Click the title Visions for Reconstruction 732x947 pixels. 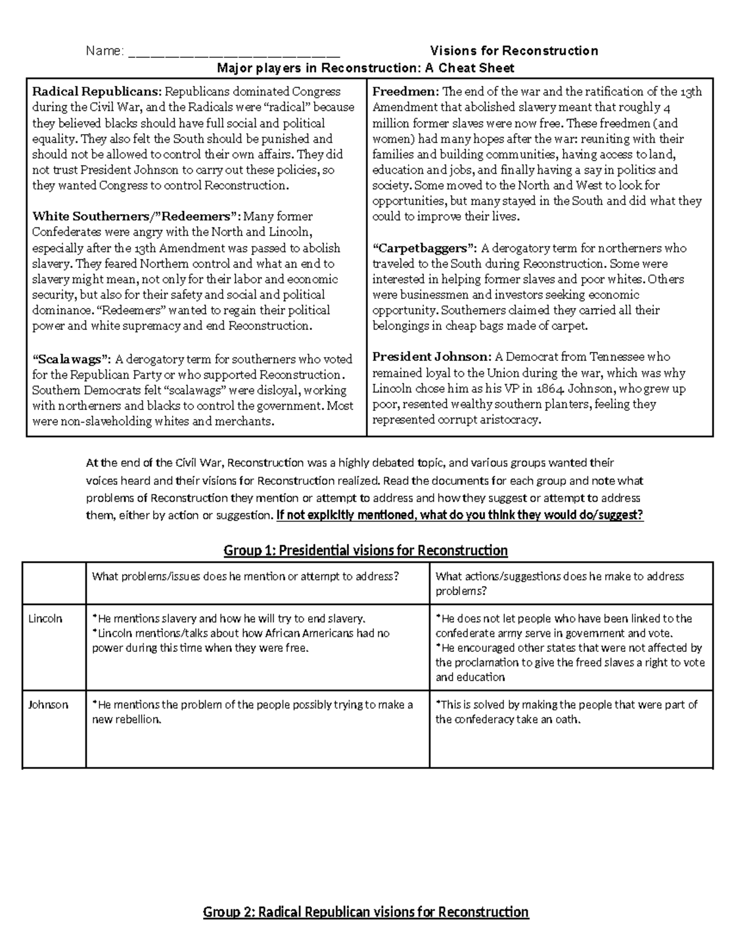pyautogui.click(x=514, y=51)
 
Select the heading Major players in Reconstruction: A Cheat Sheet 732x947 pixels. pyautogui.click(x=366, y=68)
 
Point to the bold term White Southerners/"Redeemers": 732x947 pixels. pyautogui.click(x=137, y=216)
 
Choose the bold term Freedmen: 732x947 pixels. pyautogui.click(x=406, y=91)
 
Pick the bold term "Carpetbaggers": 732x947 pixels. pyautogui.click(x=425, y=248)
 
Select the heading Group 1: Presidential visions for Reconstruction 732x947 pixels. pyautogui.click(x=366, y=551)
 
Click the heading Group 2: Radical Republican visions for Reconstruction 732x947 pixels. pyautogui.click(x=366, y=912)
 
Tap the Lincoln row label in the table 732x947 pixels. pyautogui.click(x=46, y=618)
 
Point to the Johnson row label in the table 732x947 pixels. pyautogui.click(x=48, y=704)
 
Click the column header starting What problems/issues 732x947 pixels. pyautogui.click(x=245, y=576)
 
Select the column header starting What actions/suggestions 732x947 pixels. pyautogui.click(x=559, y=583)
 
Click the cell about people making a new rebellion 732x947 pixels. pyautogui.click(x=252, y=712)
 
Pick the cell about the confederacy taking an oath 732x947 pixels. pyautogui.click(x=566, y=712)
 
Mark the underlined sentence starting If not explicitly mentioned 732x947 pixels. pyautogui.click(x=459, y=515)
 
